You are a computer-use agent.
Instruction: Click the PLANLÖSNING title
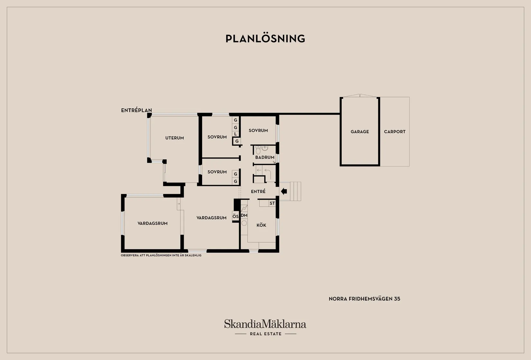click(x=265, y=39)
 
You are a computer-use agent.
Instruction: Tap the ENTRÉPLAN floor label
click(x=136, y=110)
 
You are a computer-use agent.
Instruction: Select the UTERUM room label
click(x=174, y=138)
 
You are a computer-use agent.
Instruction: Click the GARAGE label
click(x=359, y=132)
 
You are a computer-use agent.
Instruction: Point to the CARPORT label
click(x=395, y=132)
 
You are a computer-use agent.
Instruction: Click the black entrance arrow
click(x=284, y=191)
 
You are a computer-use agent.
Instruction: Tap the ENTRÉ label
click(x=258, y=191)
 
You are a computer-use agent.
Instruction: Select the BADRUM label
click(x=265, y=157)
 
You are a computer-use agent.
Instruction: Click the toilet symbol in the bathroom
click(x=258, y=150)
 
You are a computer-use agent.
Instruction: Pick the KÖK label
click(x=261, y=225)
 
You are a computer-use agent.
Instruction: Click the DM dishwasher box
click(x=244, y=216)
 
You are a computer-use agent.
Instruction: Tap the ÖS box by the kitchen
click(x=235, y=217)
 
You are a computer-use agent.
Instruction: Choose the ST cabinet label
click(x=272, y=203)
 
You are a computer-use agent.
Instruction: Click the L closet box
click(x=235, y=134)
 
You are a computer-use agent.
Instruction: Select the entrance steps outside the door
click(x=290, y=191)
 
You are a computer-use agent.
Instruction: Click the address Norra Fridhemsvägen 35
click(x=364, y=299)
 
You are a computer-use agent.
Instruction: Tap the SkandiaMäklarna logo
click(x=265, y=324)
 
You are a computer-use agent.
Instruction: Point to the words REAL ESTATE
click(x=265, y=334)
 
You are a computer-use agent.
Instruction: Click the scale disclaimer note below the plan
click(x=161, y=255)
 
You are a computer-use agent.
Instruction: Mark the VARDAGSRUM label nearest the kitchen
click(x=211, y=218)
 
